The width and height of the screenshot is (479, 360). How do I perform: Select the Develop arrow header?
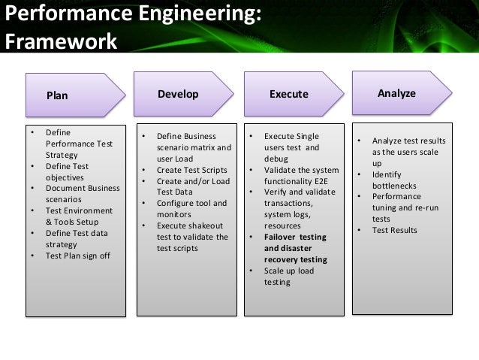[x=178, y=94]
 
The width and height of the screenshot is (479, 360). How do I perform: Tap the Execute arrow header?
[x=289, y=95]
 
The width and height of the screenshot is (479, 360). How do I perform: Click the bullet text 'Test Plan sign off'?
[x=77, y=255]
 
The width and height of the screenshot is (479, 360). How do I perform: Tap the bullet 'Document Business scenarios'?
[x=81, y=193]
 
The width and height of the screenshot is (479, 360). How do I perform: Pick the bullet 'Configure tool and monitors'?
[x=191, y=209]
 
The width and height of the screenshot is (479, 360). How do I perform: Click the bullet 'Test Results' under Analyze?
[x=394, y=230]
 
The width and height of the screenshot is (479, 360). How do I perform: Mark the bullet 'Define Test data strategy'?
[x=77, y=238]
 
